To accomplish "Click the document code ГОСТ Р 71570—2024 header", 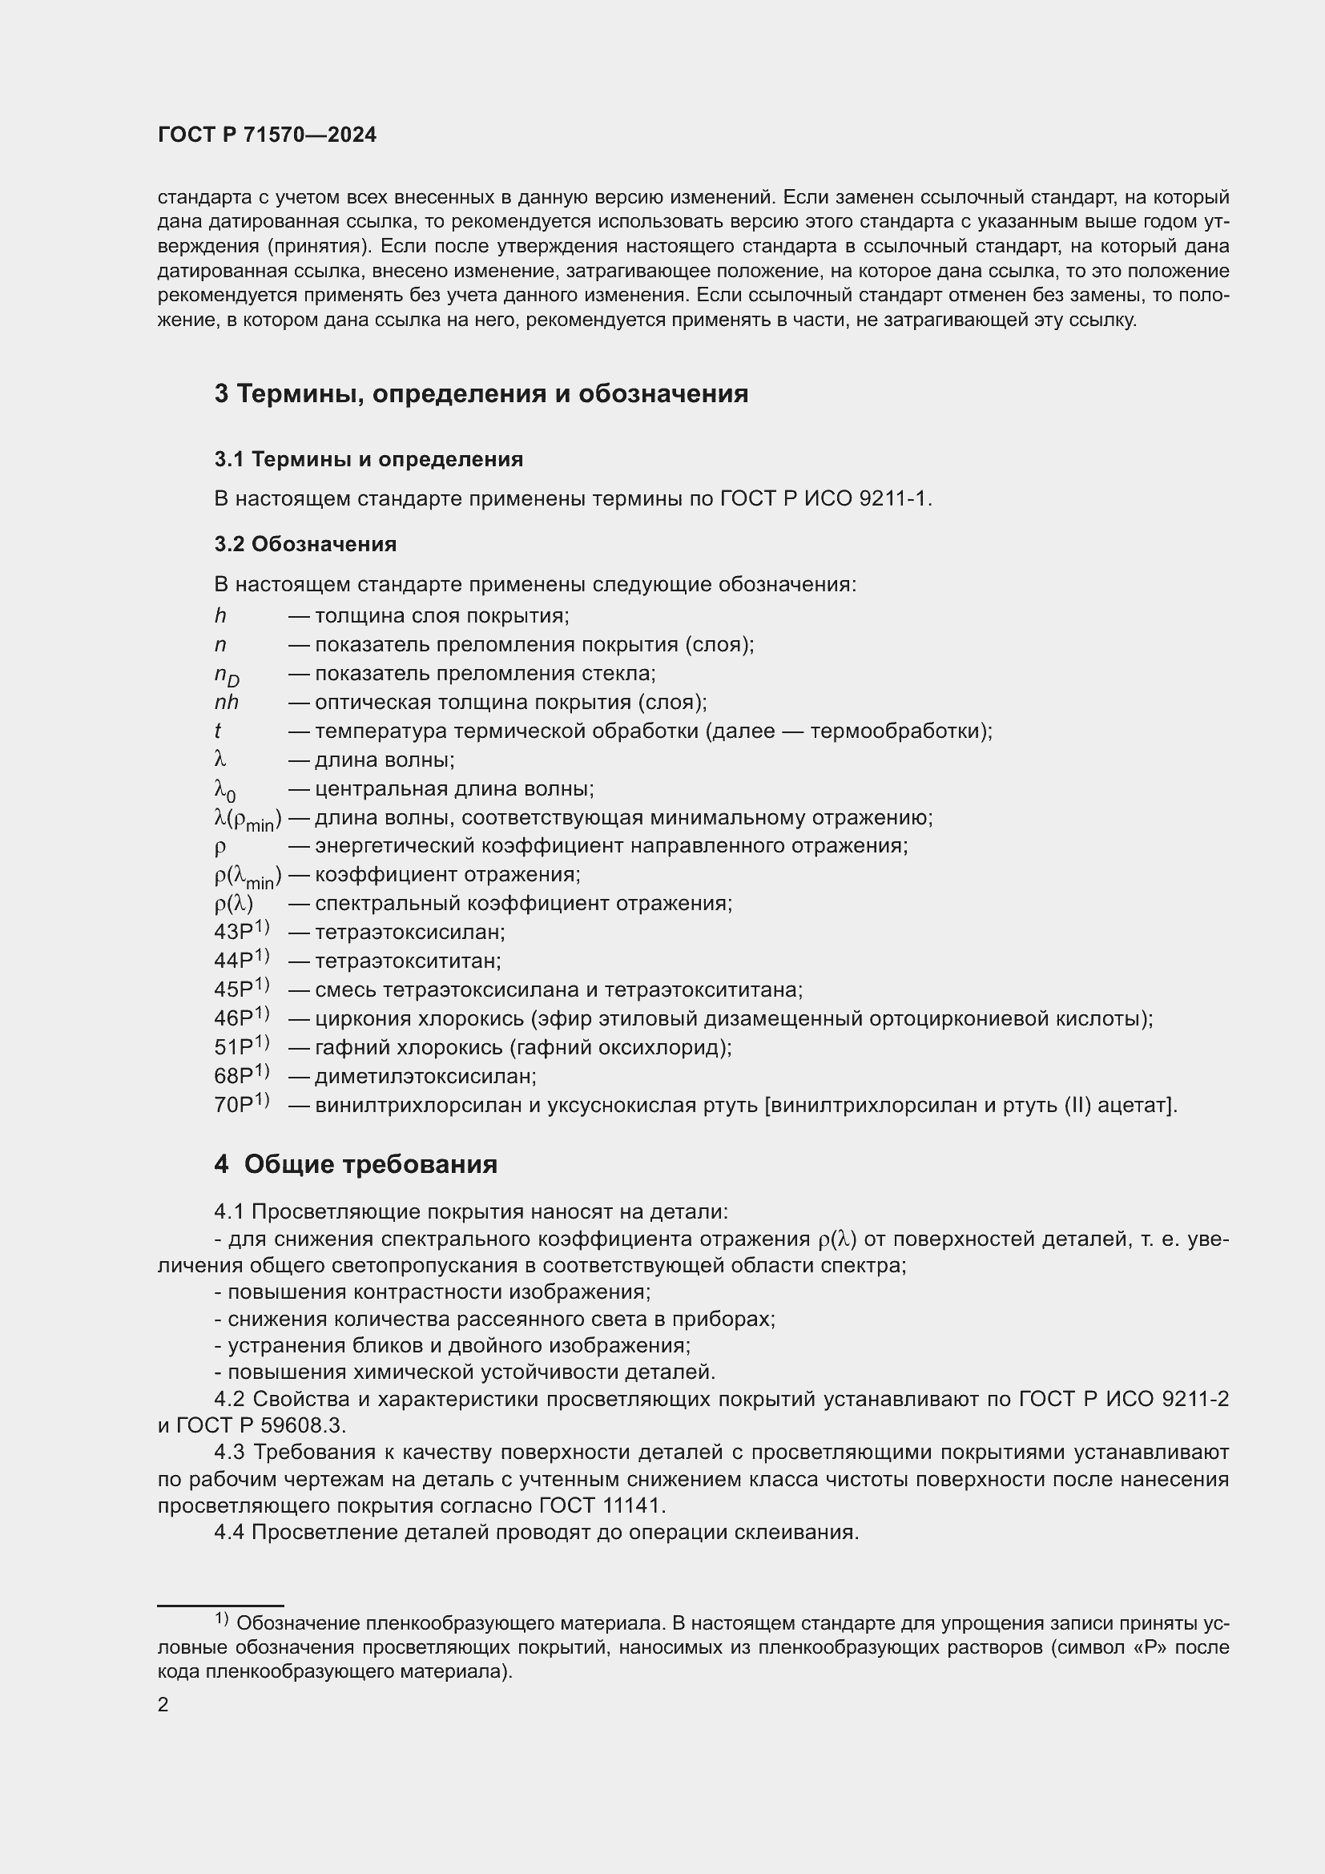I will tap(267, 135).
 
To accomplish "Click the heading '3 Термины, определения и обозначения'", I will tap(481, 394).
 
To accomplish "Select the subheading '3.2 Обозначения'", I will tap(305, 544).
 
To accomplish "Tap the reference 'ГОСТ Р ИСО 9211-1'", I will tap(825, 498).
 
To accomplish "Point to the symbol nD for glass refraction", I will tap(226, 675).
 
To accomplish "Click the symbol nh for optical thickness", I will tap(226, 703).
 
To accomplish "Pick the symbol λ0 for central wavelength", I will tap(224, 790).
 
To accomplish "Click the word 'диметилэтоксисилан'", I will tap(425, 1077).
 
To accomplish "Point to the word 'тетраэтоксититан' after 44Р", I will tap(408, 961).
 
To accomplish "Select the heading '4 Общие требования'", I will tap(356, 1165).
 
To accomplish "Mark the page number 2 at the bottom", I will tap(163, 1705).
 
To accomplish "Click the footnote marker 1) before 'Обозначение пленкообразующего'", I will tap(221, 1618).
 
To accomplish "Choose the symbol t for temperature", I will tap(218, 731).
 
